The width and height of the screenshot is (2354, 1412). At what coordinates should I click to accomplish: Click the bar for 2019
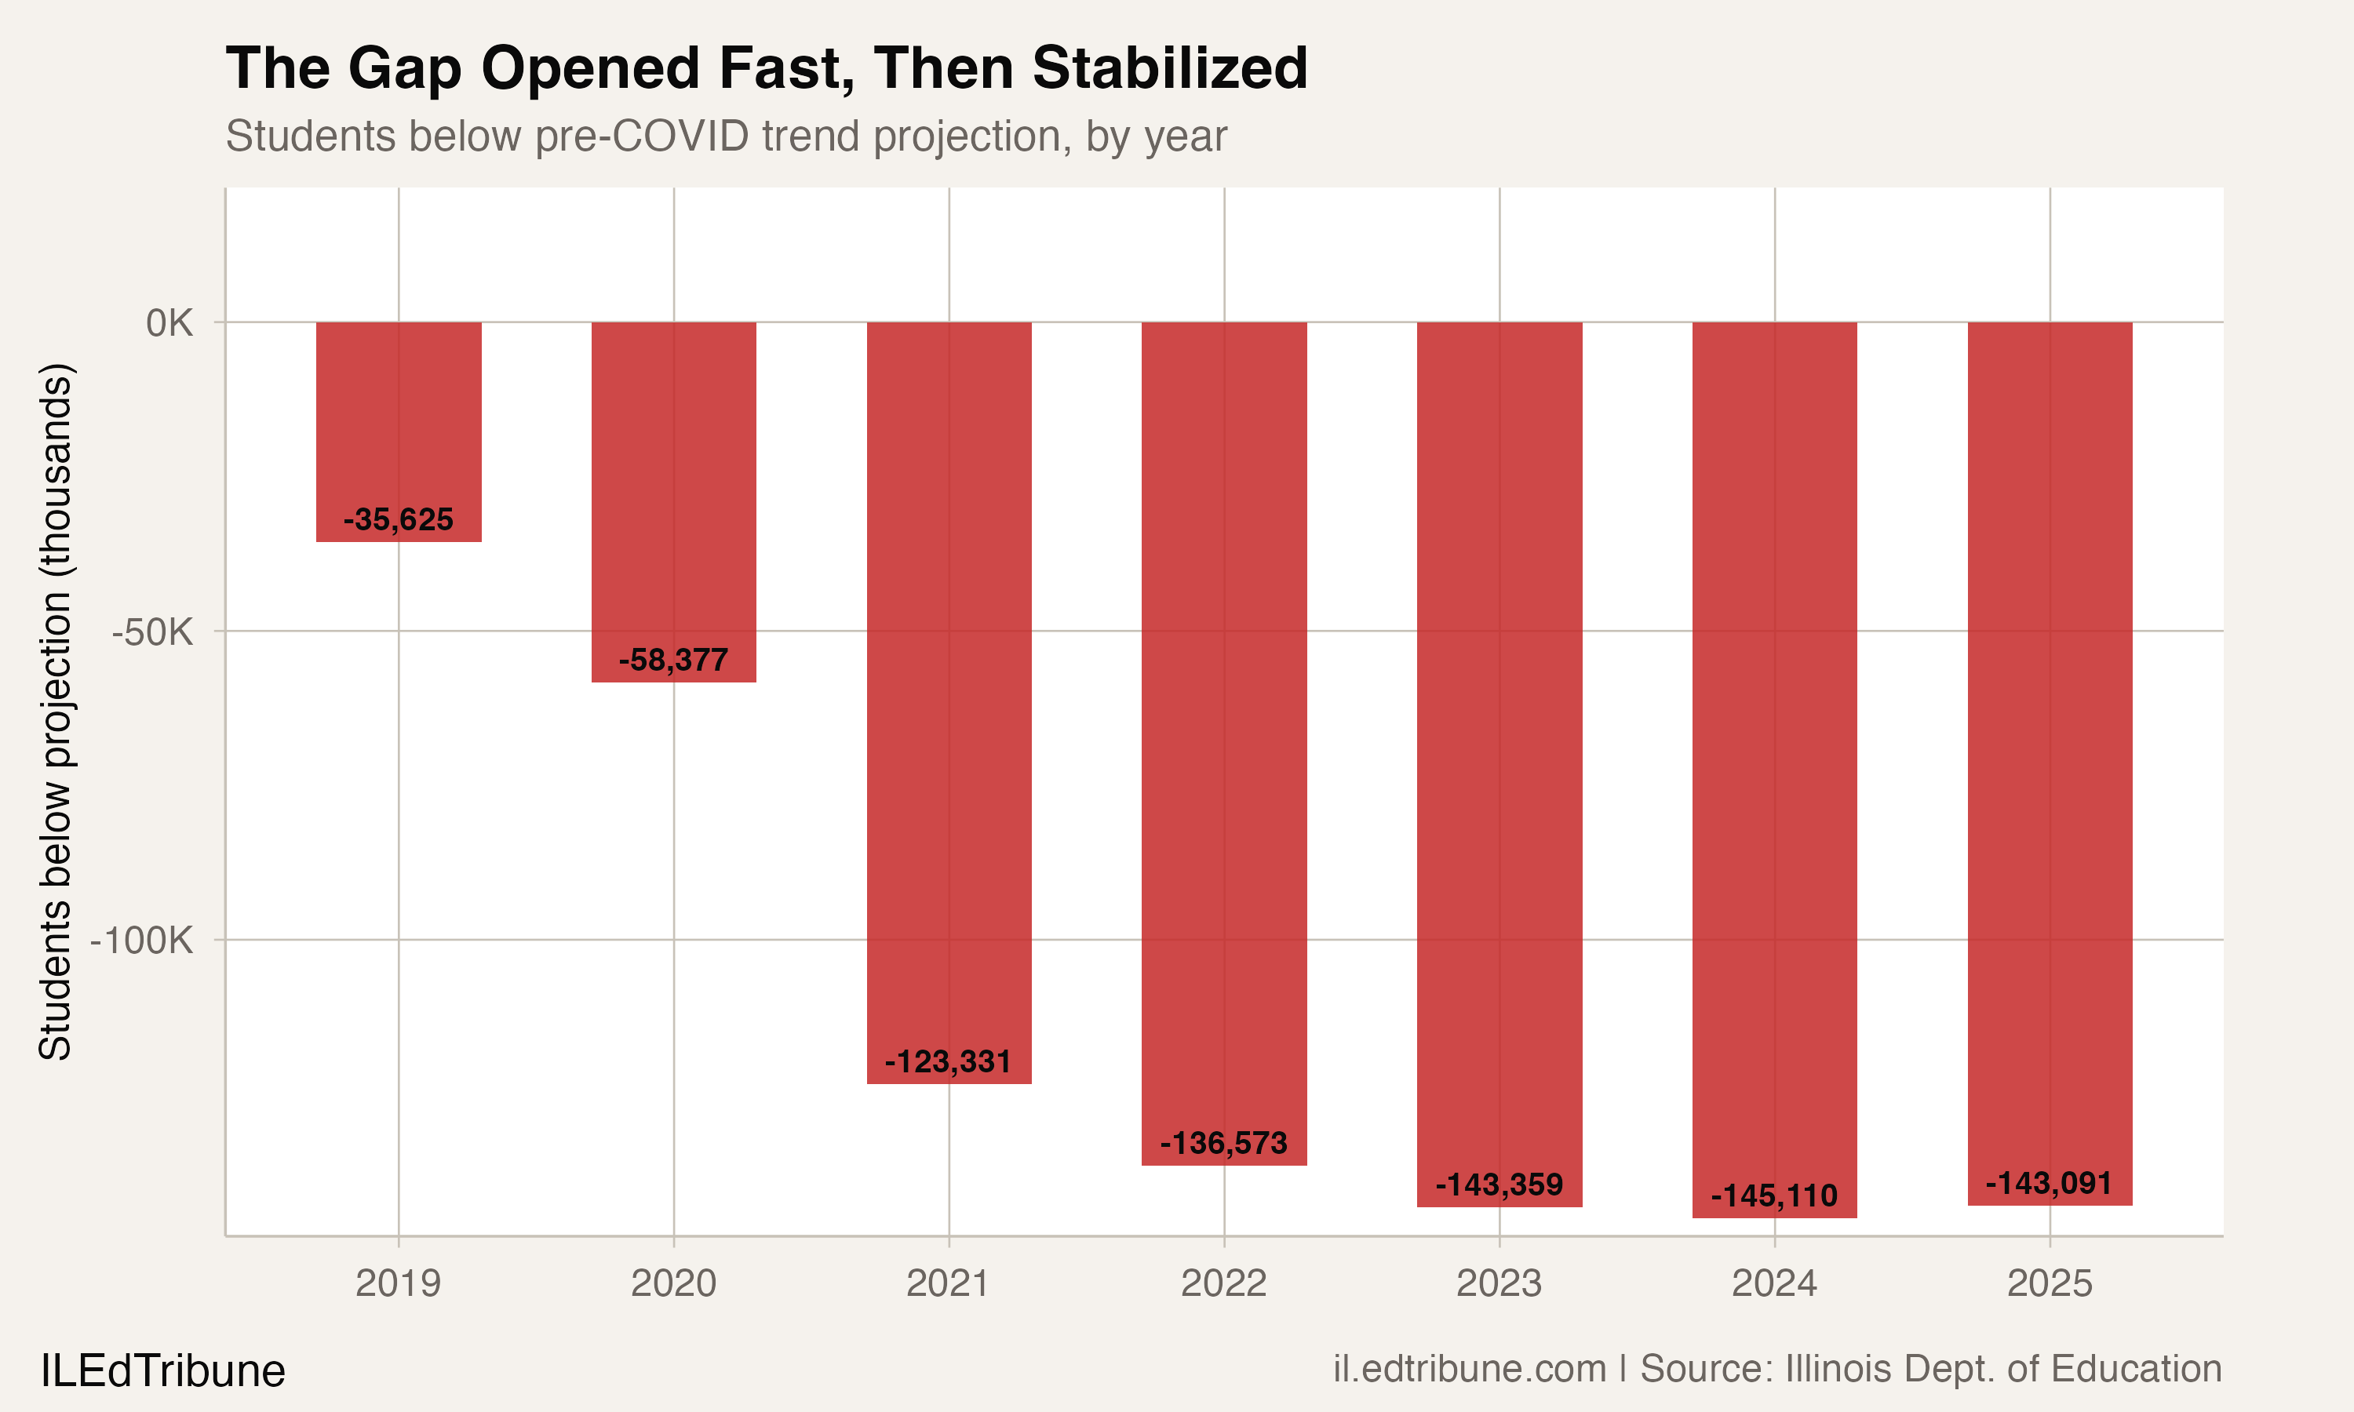(x=399, y=428)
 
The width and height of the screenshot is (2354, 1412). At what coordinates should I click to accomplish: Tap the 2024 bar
(x=1775, y=761)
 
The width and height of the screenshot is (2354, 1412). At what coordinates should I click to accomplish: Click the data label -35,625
(x=399, y=519)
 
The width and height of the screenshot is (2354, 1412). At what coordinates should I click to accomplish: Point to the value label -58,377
(x=674, y=660)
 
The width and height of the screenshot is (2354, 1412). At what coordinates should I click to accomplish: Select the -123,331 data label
(x=949, y=1061)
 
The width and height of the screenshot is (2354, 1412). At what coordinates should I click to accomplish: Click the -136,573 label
(x=1223, y=1143)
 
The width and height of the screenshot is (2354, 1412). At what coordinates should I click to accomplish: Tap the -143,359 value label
(x=1499, y=1185)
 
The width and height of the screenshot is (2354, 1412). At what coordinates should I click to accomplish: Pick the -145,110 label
(x=1775, y=1196)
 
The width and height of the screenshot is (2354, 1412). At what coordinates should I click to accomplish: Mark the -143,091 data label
(x=2049, y=1184)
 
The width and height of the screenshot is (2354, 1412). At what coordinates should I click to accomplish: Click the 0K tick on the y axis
(x=169, y=323)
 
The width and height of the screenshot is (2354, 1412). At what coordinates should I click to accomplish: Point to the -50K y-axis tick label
(x=152, y=631)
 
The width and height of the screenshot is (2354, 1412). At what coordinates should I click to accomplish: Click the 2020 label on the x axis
(x=674, y=1283)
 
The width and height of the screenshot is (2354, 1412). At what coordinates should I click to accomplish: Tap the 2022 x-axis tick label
(x=1223, y=1283)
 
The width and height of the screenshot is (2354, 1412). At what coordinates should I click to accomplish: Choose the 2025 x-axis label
(x=2050, y=1283)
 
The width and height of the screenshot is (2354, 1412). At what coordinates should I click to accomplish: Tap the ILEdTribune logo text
(x=162, y=1371)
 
